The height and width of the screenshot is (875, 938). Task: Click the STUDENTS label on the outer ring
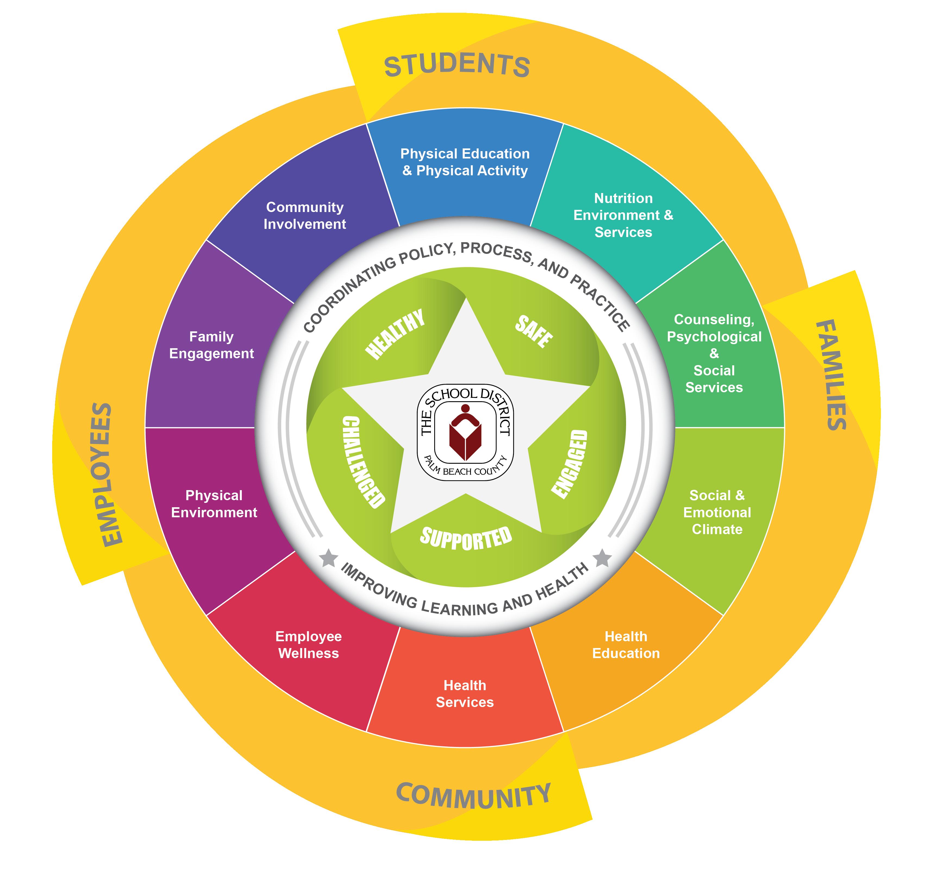point(457,66)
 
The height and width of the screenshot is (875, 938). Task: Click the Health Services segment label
point(465,694)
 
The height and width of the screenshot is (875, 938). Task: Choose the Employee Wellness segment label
point(309,645)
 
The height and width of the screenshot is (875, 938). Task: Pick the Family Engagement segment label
point(211,345)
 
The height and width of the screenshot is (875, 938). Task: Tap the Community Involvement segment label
point(305,216)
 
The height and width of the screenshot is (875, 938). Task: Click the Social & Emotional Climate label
point(717,513)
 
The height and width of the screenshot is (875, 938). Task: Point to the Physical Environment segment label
point(214,504)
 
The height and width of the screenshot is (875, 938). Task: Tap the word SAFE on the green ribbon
point(534,331)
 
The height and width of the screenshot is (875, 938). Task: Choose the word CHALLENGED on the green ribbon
point(362,462)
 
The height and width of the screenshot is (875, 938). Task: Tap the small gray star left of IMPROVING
point(329,558)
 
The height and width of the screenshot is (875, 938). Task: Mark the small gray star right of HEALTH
point(602,558)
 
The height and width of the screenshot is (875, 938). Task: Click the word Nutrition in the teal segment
point(623,198)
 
